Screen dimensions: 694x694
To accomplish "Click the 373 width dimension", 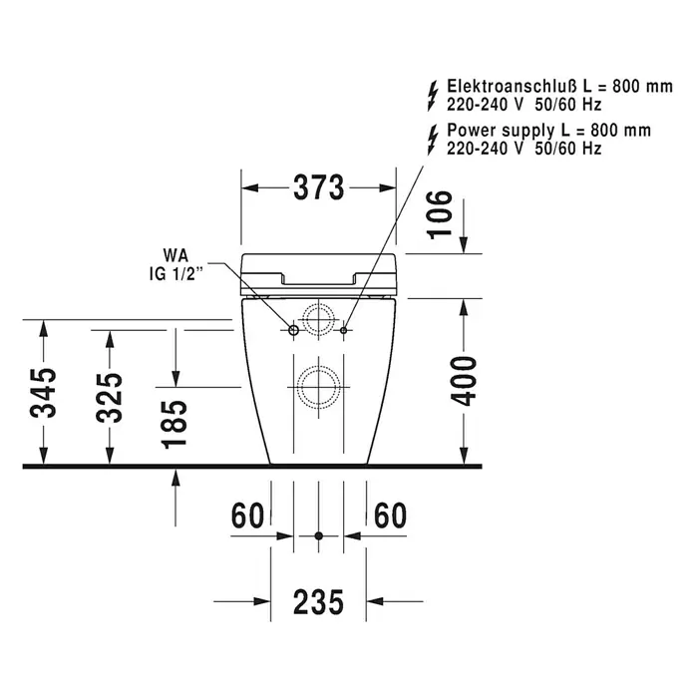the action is (319, 187).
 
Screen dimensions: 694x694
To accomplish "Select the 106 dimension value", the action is (441, 214).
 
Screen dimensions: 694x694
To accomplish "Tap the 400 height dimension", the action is (464, 382).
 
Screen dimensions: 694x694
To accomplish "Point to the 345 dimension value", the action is (44, 393).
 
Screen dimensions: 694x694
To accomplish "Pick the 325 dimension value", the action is (109, 397).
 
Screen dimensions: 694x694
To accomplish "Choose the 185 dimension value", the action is (174, 425).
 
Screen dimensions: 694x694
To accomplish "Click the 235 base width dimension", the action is (318, 602).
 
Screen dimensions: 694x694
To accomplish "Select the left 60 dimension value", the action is (247, 516).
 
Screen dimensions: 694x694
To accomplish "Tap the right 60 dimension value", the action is (390, 516).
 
